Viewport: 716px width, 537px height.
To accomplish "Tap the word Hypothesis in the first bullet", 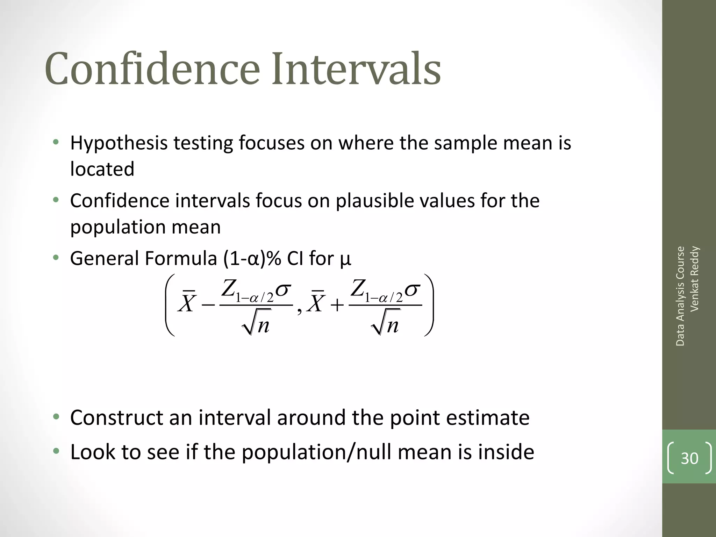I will coord(119,143).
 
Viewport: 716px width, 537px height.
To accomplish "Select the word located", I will coord(102,169).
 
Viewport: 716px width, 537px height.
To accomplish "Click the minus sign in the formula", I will coord(208,305).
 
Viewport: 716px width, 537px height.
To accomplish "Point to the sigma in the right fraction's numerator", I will coord(413,290).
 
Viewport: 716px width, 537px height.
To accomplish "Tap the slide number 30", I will coord(689,458).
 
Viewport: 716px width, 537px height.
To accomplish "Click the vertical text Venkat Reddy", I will coord(694,279).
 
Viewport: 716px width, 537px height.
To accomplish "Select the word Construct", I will coord(117,417).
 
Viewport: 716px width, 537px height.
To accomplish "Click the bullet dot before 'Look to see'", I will coord(56,451).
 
